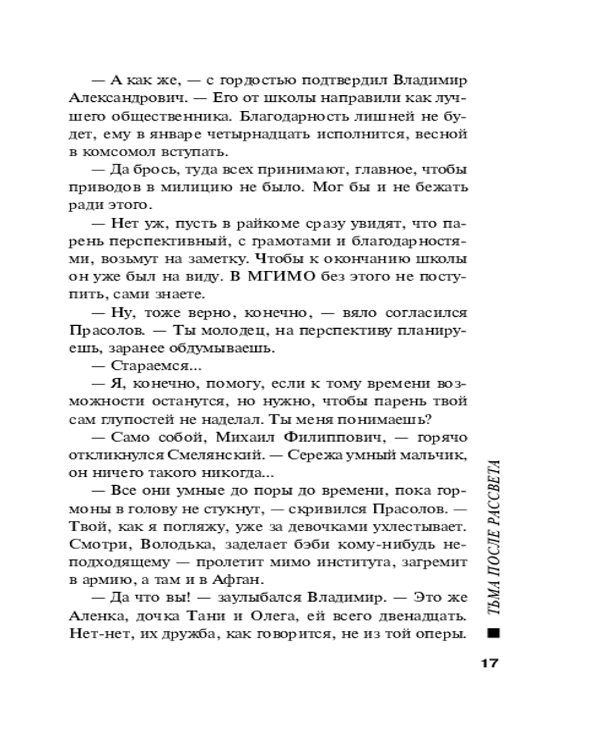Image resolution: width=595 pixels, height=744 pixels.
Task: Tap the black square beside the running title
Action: coord(492,634)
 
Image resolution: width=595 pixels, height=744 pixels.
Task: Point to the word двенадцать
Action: coord(421,618)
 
